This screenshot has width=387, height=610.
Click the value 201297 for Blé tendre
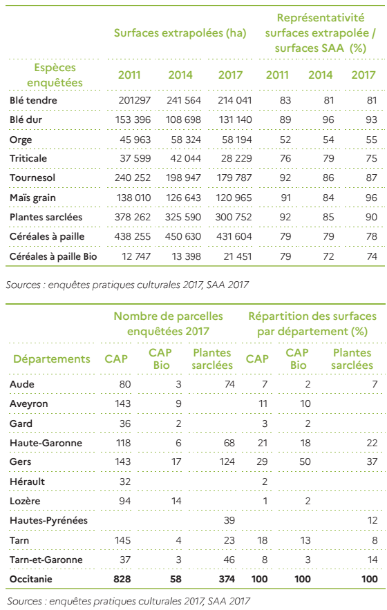[x=134, y=100]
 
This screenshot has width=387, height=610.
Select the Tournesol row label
[x=32, y=178]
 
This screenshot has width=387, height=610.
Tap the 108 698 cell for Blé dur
[x=183, y=120]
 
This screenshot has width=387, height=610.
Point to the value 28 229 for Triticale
[x=234, y=158]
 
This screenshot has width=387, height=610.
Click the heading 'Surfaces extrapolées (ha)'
[x=180, y=33]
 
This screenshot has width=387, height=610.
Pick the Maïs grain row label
[x=32, y=198]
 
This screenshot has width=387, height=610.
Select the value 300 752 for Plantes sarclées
[x=234, y=217]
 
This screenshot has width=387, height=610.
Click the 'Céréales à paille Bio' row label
[x=53, y=256]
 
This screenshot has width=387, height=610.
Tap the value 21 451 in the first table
[x=238, y=256]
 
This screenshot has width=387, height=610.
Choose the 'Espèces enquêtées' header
[x=55, y=75]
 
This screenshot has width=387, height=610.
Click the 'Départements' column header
[x=52, y=359]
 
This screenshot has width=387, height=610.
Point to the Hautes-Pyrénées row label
[x=48, y=520]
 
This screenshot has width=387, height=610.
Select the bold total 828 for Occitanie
[x=122, y=580]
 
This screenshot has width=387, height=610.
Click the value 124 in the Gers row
[x=227, y=461]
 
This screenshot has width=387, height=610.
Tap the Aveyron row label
[x=29, y=404]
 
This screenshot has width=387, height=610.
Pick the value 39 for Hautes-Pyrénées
[x=229, y=520]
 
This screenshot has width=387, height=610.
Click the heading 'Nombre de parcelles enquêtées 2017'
[x=168, y=324]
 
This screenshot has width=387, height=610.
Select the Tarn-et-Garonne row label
[x=46, y=560]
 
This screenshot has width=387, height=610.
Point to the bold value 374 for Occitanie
[x=227, y=580]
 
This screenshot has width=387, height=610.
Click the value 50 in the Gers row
[x=305, y=461]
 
